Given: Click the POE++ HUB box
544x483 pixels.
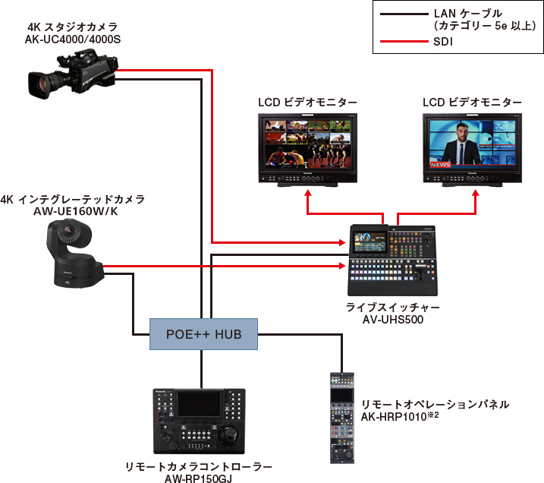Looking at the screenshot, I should click(x=203, y=333).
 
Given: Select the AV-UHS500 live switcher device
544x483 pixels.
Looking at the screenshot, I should click(x=392, y=260).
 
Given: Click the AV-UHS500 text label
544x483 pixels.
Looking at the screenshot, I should click(x=392, y=320).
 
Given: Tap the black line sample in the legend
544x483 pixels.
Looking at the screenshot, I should click(x=402, y=14).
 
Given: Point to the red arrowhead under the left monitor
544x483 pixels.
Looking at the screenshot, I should click(x=308, y=194).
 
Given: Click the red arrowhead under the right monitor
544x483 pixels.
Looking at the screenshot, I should click(x=476, y=194).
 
